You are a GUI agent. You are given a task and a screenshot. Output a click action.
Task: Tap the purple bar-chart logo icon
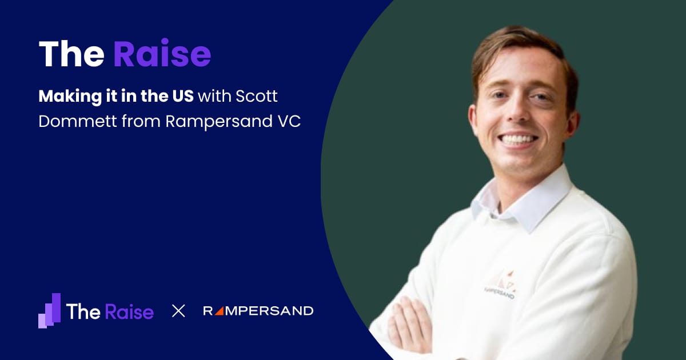tap(49, 311)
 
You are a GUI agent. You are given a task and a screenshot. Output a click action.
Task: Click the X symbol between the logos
tap(178, 311)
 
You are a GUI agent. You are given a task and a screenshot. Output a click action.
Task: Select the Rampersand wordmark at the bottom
tap(258, 311)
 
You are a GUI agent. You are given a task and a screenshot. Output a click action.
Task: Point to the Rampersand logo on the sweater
tap(500, 284)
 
